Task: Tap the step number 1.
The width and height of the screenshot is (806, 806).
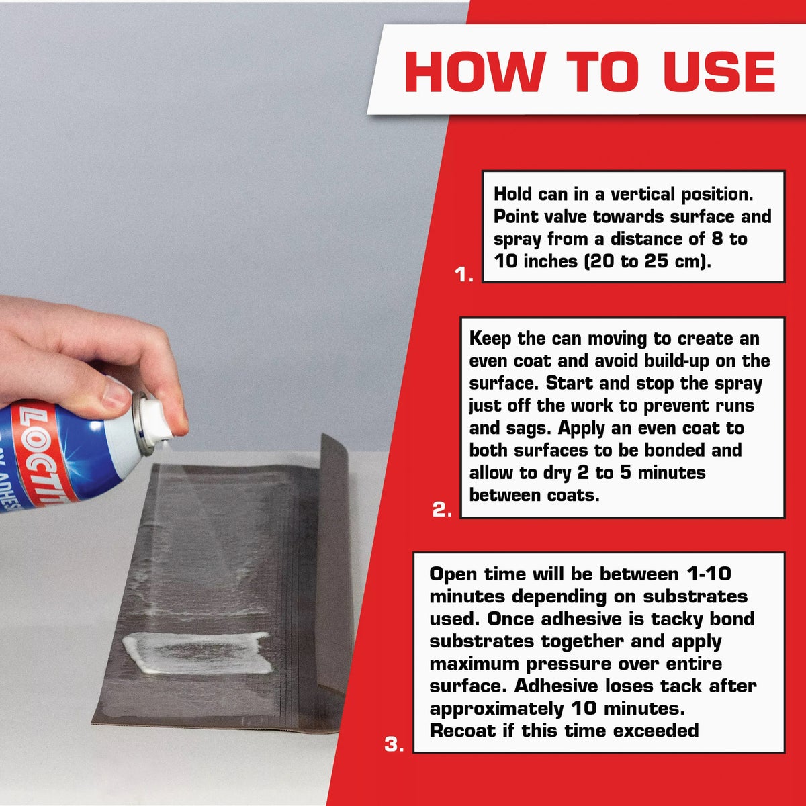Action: tap(463, 274)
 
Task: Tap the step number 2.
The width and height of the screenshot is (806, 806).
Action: tap(441, 510)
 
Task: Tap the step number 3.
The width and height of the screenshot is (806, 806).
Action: tap(394, 744)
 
